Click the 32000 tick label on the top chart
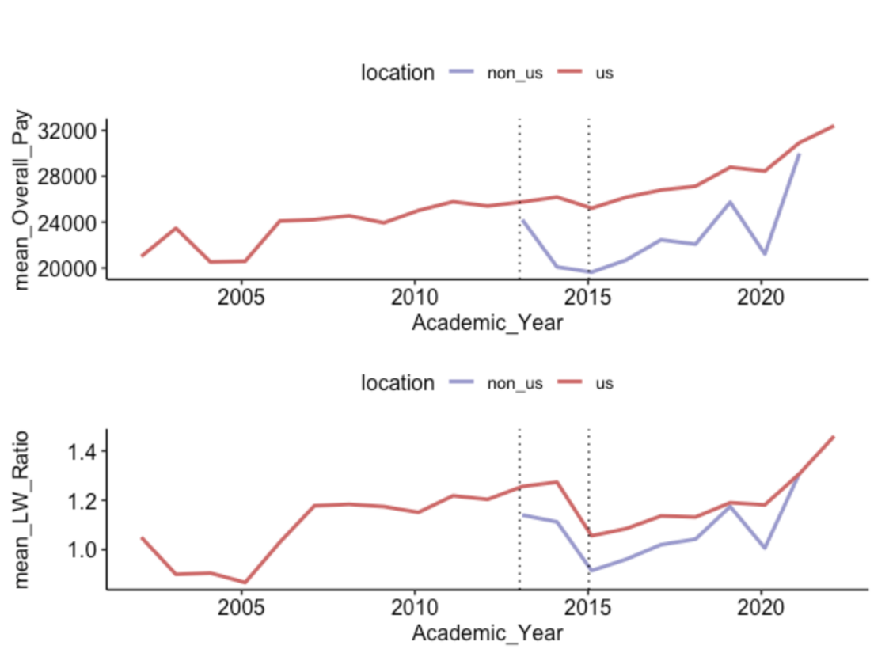click(x=74, y=130)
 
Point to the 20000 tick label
click(x=74, y=268)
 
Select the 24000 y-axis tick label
click(x=74, y=222)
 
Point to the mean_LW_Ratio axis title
click(x=24, y=510)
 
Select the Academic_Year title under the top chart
click(x=487, y=323)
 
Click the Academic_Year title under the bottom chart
click(x=487, y=633)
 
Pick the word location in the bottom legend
click(x=397, y=383)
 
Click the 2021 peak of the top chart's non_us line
click(x=800, y=154)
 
